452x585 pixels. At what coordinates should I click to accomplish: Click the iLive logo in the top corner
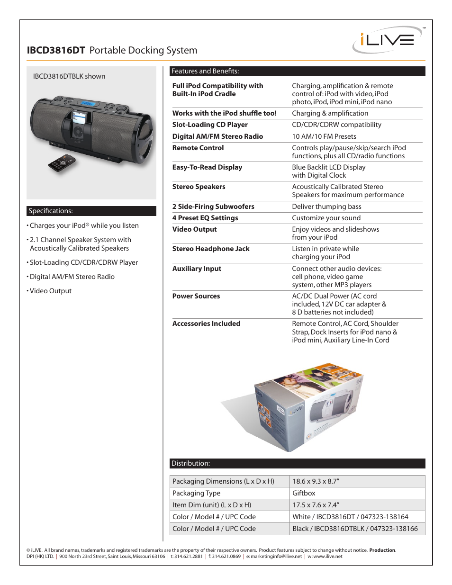click(388, 40)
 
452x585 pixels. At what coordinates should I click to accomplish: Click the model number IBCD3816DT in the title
click(56, 51)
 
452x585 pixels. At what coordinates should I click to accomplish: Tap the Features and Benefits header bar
click(297, 71)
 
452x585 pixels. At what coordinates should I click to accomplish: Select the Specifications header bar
click(91, 211)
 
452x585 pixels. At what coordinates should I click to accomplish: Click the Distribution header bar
click(297, 463)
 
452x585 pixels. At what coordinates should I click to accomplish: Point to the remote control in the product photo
click(62, 163)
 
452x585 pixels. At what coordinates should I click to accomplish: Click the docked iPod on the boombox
click(78, 124)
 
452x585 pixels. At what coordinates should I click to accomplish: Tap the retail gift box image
click(308, 407)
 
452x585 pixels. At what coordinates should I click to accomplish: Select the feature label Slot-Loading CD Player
click(210, 125)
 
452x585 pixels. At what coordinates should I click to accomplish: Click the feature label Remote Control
click(198, 148)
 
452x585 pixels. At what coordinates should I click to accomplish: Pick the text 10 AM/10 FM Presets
click(324, 136)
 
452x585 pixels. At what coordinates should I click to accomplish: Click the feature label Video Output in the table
click(194, 229)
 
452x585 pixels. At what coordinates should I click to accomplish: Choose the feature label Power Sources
click(196, 296)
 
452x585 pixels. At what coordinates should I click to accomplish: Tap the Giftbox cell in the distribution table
click(304, 493)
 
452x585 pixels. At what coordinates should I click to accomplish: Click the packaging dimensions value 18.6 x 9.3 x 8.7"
click(316, 481)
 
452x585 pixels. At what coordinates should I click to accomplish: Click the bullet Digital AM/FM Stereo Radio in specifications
click(72, 277)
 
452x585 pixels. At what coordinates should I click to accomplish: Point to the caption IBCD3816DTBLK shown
click(69, 76)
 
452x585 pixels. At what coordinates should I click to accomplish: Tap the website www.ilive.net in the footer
click(327, 557)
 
